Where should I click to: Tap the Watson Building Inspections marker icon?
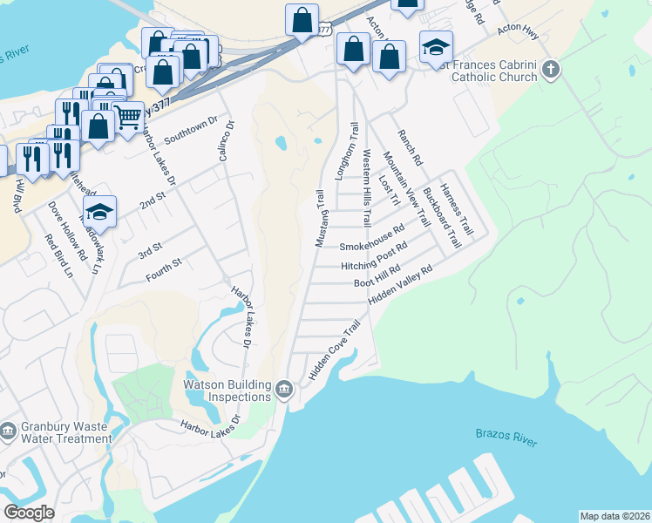[x=284, y=390]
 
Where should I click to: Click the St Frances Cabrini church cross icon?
[x=550, y=69]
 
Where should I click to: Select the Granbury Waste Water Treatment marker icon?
[x=8, y=431]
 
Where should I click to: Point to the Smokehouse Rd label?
[x=373, y=239]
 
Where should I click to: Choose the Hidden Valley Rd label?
[x=400, y=285]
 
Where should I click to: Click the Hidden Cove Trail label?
[x=334, y=351]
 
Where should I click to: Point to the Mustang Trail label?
[x=320, y=218]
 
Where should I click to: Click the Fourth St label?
[x=164, y=262]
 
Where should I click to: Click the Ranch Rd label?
[x=410, y=148]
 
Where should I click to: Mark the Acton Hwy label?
[x=514, y=30]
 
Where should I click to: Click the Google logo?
[x=29, y=513]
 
